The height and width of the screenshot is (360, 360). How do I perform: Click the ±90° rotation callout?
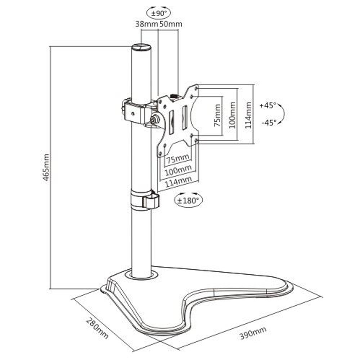click(x=159, y=13)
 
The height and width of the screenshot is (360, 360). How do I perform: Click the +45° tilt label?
click(x=267, y=106)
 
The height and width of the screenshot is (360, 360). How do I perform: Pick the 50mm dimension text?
click(x=171, y=24)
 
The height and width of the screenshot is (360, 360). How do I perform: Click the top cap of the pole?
click(x=141, y=47)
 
